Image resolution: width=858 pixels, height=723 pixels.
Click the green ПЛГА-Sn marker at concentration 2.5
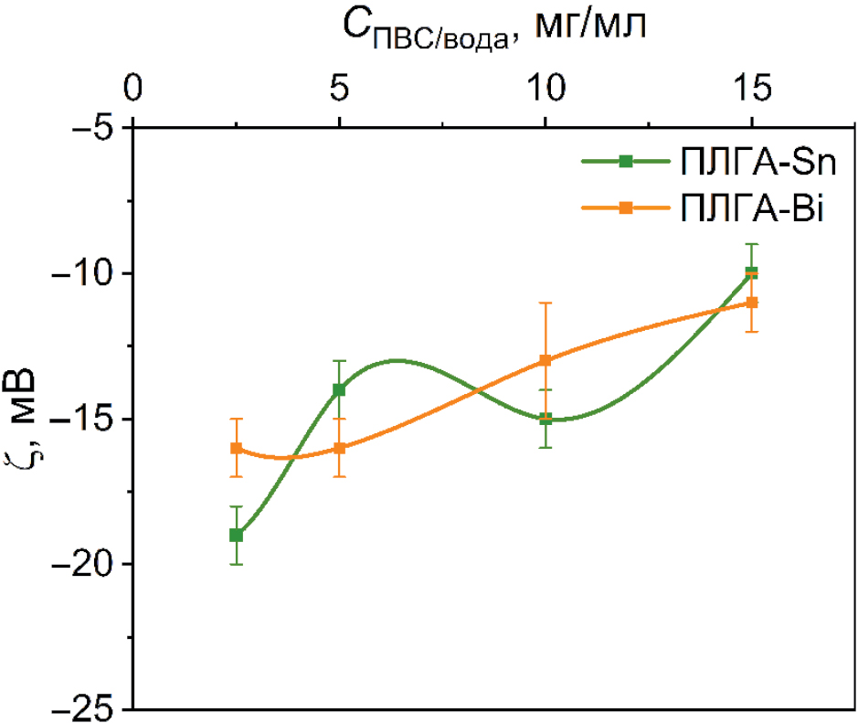tap(236, 535)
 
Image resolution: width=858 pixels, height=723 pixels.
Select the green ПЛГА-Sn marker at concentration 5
tap(339, 389)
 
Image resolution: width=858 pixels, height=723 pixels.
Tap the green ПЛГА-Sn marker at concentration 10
tap(546, 419)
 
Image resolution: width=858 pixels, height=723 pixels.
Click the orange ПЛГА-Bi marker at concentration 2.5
tap(236, 448)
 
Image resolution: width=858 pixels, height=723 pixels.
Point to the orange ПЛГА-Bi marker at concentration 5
tap(339, 448)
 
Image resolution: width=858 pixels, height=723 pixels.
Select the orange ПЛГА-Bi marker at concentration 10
tap(546, 360)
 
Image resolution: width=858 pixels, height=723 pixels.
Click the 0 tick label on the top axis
tap(133, 89)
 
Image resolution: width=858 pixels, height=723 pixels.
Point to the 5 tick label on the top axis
tap(339, 89)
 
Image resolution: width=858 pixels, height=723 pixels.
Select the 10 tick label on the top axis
tap(546, 89)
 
